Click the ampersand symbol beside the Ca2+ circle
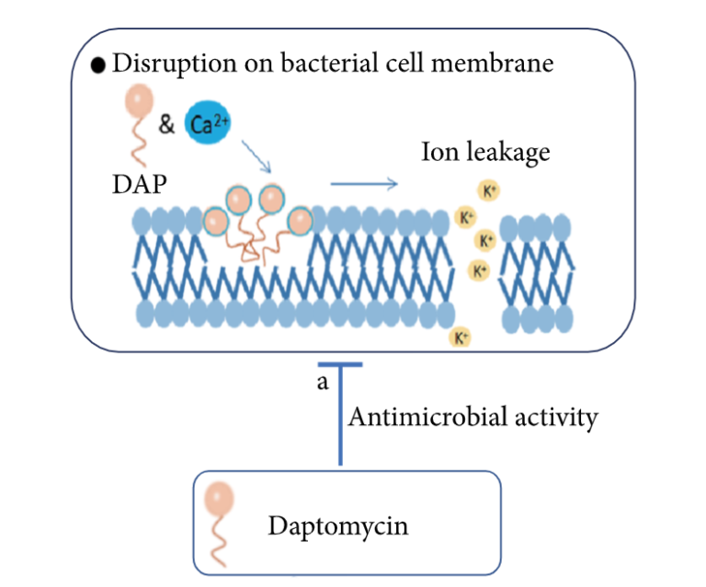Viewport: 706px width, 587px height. click(166, 124)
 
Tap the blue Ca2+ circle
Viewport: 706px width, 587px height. click(208, 124)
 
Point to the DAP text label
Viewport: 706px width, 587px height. click(134, 185)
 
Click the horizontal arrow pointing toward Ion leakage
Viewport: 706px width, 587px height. click(364, 185)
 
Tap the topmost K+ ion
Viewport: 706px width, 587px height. click(488, 190)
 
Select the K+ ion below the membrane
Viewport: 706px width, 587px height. click(462, 337)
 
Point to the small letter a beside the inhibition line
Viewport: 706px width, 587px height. click(322, 382)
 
